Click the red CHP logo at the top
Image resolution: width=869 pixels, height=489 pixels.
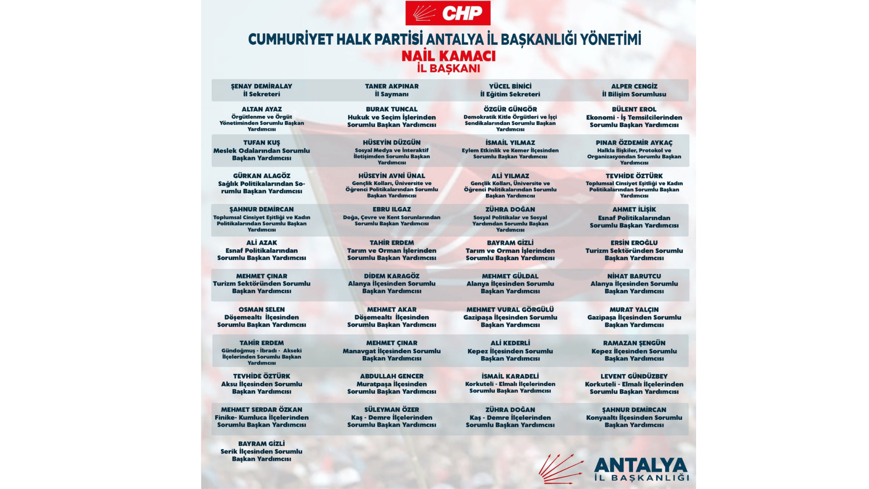click(447, 13)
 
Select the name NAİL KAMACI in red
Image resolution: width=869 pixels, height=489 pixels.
click(449, 56)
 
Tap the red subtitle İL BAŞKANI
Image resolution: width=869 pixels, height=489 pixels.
click(449, 68)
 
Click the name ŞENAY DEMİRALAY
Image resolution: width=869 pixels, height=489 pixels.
click(262, 86)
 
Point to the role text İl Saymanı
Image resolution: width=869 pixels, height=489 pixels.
click(392, 94)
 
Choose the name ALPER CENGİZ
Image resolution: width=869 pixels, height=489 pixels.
click(634, 86)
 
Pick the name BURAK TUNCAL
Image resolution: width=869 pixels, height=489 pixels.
click(392, 109)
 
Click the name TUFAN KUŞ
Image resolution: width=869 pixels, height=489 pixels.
click(262, 143)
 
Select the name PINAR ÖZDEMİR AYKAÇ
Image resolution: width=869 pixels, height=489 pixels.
click(634, 143)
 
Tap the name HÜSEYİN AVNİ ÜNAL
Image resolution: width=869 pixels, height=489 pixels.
click(392, 176)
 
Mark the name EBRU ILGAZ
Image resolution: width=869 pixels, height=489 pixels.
click(392, 209)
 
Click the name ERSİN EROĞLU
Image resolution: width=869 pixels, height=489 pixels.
click(634, 243)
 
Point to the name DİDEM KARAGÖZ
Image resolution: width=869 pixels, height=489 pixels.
click(392, 276)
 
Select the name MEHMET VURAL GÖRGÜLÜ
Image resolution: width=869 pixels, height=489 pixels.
click(510, 309)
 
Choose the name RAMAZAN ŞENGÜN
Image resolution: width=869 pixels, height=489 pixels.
click(634, 343)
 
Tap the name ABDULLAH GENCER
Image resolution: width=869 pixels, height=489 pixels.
click(392, 376)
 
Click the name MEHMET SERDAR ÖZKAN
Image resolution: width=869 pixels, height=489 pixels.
click(262, 409)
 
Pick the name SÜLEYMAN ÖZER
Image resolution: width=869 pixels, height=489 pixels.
click(392, 409)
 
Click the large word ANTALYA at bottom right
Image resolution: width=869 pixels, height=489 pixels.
click(640, 465)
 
